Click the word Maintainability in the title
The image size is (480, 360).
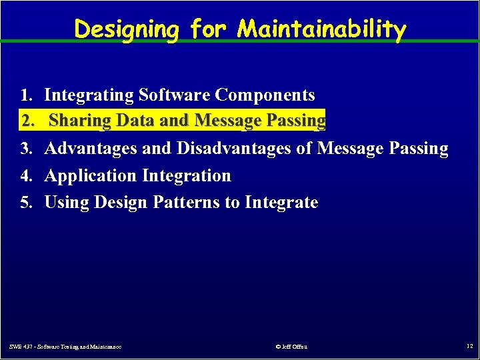click(x=322, y=29)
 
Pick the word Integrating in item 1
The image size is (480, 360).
click(x=89, y=95)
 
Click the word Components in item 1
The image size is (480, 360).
click(x=265, y=95)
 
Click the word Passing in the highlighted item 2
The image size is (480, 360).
click(x=296, y=121)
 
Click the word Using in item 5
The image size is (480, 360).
click(x=67, y=203)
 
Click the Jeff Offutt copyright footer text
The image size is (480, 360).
click(x=291, y=347)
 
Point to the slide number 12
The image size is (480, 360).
click(x=469, y=346)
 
